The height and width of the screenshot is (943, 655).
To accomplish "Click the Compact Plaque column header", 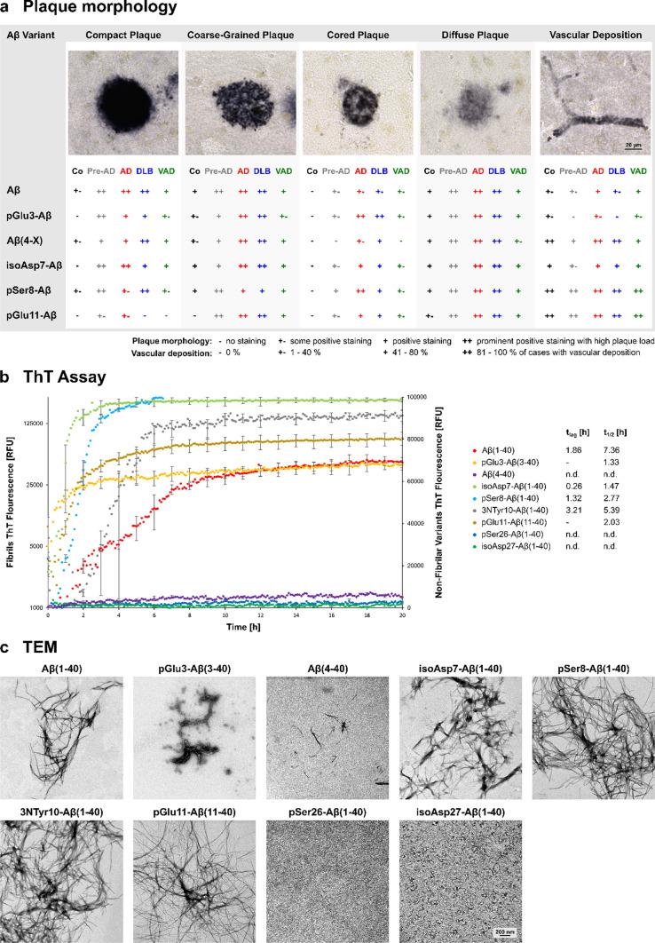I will [x=122, y=35].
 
